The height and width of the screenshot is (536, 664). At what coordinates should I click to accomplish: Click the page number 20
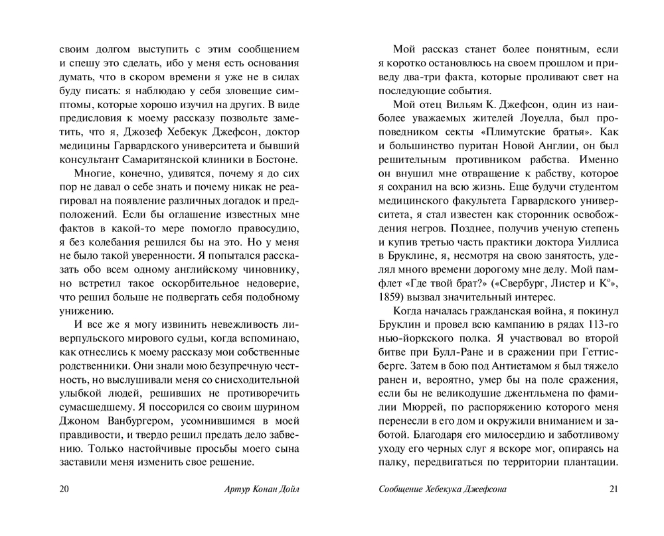(x=64, y=490)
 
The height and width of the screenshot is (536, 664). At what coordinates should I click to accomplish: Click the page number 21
(x=613, y=490)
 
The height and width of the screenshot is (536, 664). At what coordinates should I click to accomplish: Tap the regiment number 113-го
(x=602, y=326)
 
